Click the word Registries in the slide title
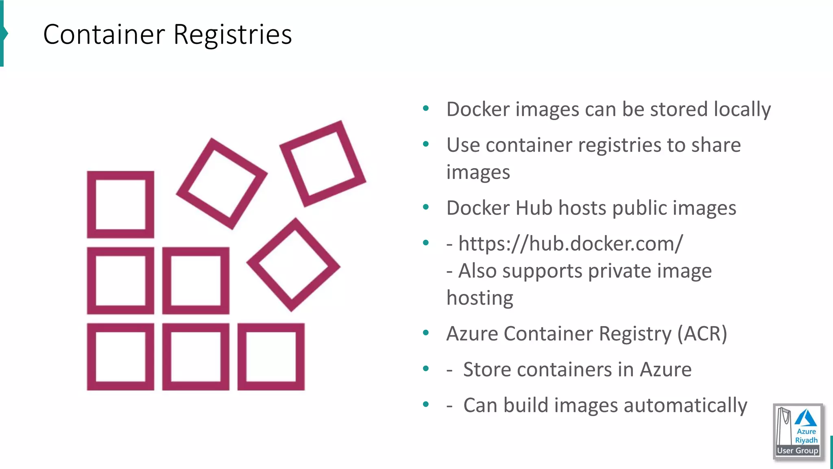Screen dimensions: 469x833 click(232, 35)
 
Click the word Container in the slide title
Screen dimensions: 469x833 click(104, 35)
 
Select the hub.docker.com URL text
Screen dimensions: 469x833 click(570, 243)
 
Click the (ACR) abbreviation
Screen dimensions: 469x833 click(702, 333)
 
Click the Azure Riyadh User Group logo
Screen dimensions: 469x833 click(798, 432)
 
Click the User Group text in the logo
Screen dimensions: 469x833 click(798, 451)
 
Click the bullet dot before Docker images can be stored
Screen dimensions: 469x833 click(426, 108)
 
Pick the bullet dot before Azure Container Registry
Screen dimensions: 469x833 click(426, 333)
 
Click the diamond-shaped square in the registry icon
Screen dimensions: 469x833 click(293, 265)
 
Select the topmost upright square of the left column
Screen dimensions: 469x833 click(120, 204)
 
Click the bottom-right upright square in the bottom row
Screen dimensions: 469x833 click(271, 357)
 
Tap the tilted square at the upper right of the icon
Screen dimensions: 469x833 click(323, 163)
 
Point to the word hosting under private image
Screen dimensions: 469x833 click(480, 298)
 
